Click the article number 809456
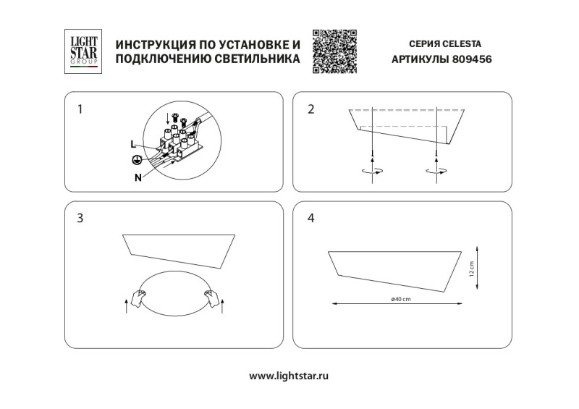(471, 61)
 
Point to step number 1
(80, 110)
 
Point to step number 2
(311, 110)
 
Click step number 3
(80, 217)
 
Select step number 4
(311, 217)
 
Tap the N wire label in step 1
(138, 176)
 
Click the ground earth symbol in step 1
(135, 160)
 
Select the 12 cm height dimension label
(471, 269)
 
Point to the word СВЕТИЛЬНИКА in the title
(257, 61)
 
